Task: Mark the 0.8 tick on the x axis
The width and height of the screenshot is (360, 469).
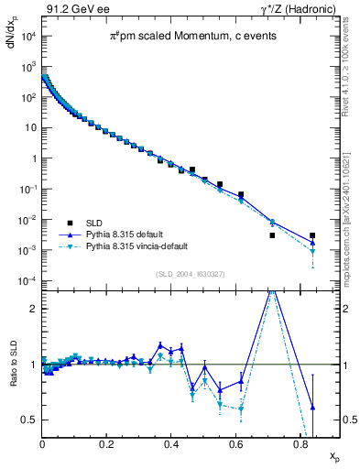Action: [x=300, y=446]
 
